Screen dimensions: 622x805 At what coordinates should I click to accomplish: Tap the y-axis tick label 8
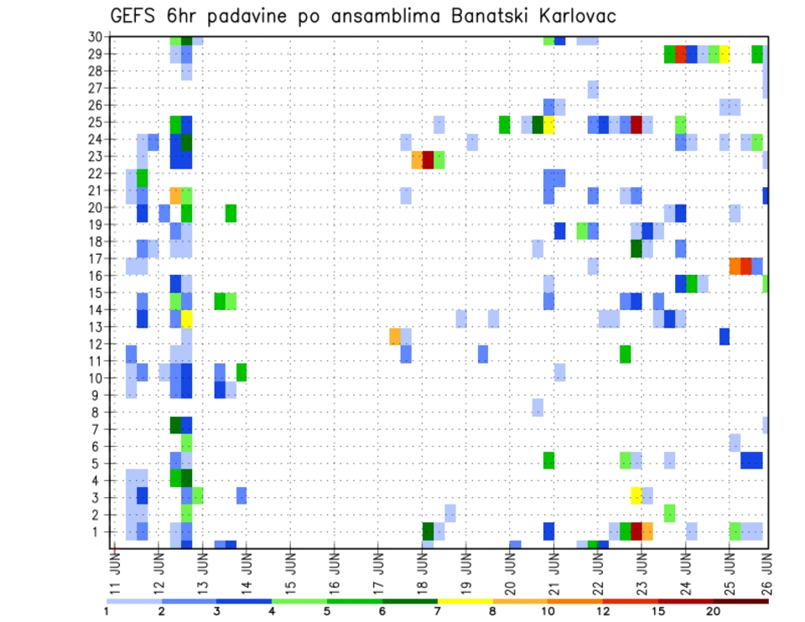coord(98,412)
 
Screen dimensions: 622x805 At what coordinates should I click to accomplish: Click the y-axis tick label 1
coord(98,531)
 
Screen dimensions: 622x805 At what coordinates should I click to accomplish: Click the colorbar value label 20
coord(714,611)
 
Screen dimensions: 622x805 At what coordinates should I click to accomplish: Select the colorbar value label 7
coord(438,611)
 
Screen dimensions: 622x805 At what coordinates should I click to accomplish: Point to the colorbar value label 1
coord(106,611)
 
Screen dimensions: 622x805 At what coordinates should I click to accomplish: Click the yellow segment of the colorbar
coord(465,601)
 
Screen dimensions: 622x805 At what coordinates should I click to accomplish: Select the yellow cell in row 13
coord(187,319)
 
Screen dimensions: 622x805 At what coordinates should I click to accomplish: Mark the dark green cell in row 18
coord(636,249)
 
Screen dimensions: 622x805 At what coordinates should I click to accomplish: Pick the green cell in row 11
coord(626,354)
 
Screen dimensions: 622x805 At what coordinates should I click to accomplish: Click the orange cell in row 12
coord(395,336)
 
